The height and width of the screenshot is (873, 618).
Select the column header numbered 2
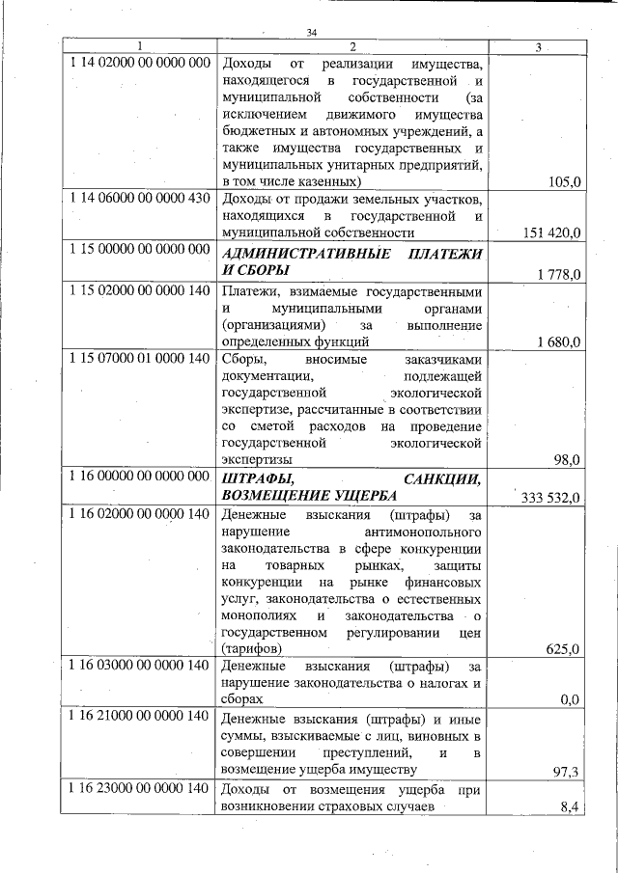click(x=352, y=47)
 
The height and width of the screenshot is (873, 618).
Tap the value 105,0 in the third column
click(x=562, y=182)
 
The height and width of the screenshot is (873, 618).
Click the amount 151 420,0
click(x=549, y=233)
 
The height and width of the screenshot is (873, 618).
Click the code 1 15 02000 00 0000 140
click(x=140, y=289)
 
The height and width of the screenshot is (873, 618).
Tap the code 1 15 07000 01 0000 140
click(x=140, y=358)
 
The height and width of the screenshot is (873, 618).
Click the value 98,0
click(x=564, y=460)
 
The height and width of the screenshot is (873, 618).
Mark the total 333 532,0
click(x=549, y=498)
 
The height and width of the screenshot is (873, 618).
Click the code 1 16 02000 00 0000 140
click(x=140, y=514)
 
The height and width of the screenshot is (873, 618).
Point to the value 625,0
click(x=562, y=649)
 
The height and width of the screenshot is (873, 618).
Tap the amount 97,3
click(x=565, y=770)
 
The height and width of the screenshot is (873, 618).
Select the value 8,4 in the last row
click(x=569, y=806)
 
